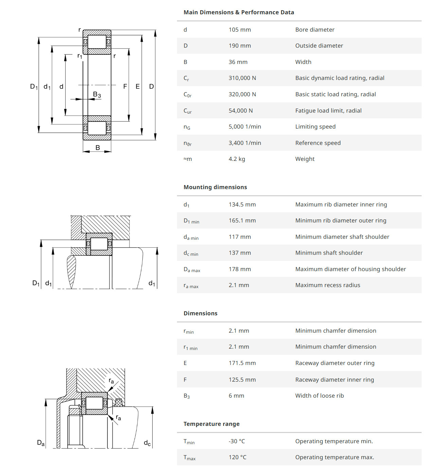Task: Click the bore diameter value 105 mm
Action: tap(240, 30)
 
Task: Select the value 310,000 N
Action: tap(242, 78)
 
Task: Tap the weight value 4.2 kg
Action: tap(236, 159)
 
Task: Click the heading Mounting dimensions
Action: tap(215, 187)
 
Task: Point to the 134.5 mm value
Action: tap(242, 204)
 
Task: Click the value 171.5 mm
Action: tap(242, 363)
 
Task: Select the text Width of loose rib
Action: tap(319, 396)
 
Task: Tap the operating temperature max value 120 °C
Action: tap(237, 457)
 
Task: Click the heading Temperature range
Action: tap(211, 424)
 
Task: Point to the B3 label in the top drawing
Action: tap(97, 95)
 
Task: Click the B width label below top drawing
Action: tap(98, 148)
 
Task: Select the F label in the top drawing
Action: tap(125, 86)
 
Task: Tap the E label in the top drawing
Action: tap(138, 86)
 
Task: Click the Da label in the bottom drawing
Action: tap(41, 443)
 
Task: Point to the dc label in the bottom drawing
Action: tap(147, 443)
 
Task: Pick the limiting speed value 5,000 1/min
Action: tap(245, 127)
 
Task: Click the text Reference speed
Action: tap(318, 143)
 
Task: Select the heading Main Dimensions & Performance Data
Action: tap(238, 12)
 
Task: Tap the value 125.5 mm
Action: tap(242, 380)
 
